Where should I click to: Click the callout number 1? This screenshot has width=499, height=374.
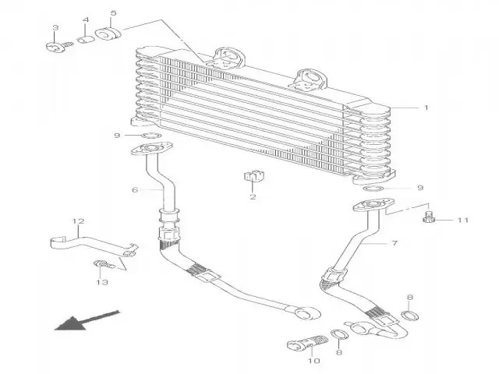426,108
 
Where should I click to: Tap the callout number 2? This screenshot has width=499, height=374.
253,197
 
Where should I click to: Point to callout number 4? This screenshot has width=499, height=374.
85,19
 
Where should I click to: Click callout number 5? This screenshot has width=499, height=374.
113,14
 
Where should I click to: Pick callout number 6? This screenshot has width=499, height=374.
135,189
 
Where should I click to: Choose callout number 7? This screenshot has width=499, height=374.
395,243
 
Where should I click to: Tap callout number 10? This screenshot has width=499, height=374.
313,361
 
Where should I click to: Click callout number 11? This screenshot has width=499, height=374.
462,221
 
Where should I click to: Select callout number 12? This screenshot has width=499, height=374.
78,221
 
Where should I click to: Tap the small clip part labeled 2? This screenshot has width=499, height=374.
253,178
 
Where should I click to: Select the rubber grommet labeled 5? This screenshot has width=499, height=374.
108,36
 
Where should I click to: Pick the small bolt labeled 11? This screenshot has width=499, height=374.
428,216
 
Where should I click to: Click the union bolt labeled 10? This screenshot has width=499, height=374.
306,343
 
